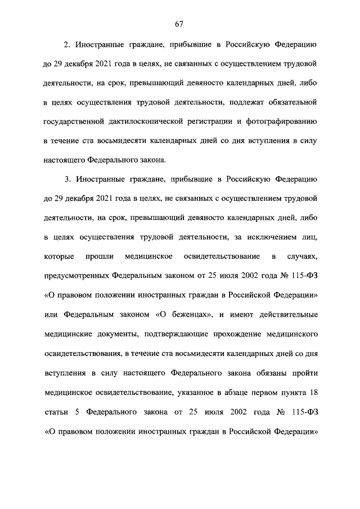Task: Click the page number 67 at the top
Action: [x=179, y=24]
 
